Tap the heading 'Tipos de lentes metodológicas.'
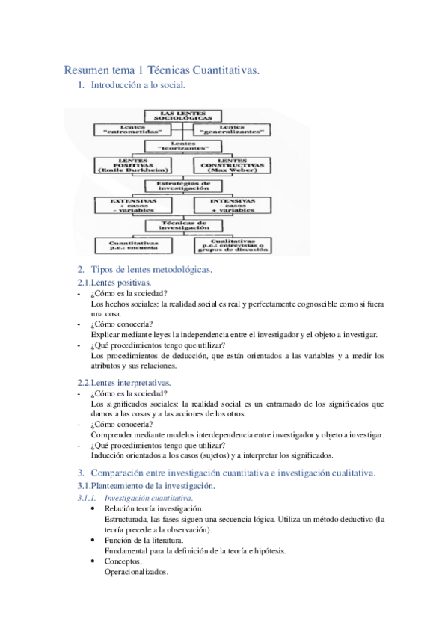point(151,269)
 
